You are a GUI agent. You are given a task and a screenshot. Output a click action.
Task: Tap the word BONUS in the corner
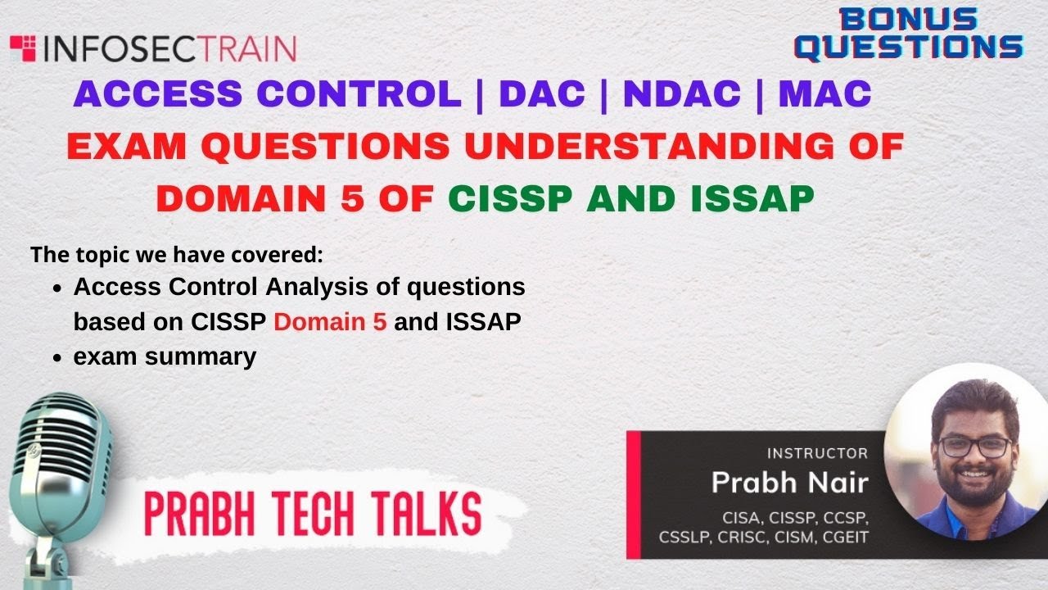[x=909, y=20]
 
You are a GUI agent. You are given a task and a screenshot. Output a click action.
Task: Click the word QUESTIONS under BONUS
[x=909, y=48]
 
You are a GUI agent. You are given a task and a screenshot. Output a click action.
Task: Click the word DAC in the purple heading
[x=541, y=94]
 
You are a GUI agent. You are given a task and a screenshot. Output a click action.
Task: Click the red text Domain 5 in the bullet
[x=330, y=322]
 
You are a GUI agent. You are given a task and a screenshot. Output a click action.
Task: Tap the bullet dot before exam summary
[x=56, y=358]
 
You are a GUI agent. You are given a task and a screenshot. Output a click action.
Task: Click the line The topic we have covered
[x=177, y=254]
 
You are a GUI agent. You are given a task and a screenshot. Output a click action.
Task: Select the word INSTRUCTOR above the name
[x=816, y=453]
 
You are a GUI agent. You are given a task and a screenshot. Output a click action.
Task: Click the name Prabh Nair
[x=788, y=483]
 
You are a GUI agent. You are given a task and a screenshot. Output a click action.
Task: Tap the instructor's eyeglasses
[x=974, y=446]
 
